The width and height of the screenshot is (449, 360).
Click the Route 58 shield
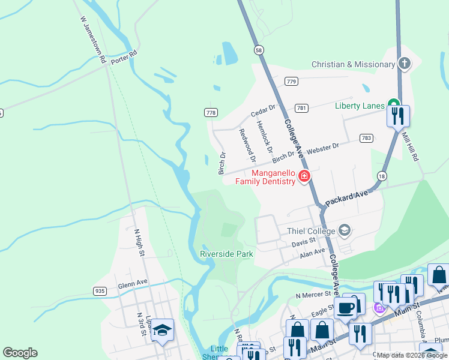(x=258, y=50)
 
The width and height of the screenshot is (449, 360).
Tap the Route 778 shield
(x=211, y=112)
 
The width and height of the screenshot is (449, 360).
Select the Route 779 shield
(x=292, y=81)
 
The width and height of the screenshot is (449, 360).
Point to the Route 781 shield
(x=302, y=108)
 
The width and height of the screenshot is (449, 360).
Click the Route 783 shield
(x=366, y=137)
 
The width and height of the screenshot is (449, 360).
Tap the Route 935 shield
(x=100, y=291)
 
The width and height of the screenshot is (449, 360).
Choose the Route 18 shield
(x=381, y=175)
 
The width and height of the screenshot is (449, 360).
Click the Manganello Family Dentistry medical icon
(x=304, y=176)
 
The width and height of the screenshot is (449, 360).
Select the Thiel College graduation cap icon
(x=345, y=230)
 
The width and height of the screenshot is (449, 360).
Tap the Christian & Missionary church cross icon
(x=405, y=64)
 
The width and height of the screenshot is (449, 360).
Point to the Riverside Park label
(x=226, y=254)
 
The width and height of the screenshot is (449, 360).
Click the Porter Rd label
(x=124, y=60)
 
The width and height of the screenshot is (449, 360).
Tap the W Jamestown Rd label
(x=93, y=40)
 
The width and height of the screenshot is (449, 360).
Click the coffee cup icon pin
(x=345, y=308)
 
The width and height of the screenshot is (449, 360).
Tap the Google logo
(x=20, y=353)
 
